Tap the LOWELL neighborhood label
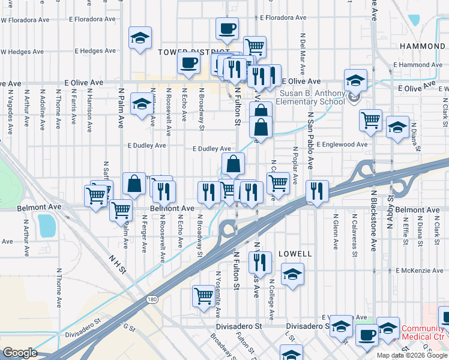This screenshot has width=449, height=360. pyautogui.click(x=294, y=254)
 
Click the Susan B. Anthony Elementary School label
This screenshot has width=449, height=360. pyautogui.click(x=310, y=97)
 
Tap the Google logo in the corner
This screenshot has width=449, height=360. pyautogui.click(x=20, y=353)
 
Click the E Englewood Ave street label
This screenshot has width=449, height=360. pyautogui.click(x=342, y=145)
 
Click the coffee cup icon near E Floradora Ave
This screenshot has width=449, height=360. pyautogui.click(x=228, y=28)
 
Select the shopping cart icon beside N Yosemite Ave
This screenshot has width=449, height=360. pyautogui.click(x=203, y=295)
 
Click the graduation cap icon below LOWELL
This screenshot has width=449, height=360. pyautogui.click(x=292, y=274)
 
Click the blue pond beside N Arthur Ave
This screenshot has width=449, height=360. pyautogui.click(x=46, y=225)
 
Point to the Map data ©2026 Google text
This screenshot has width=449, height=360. pyautogui.click(x=412, y=355)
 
